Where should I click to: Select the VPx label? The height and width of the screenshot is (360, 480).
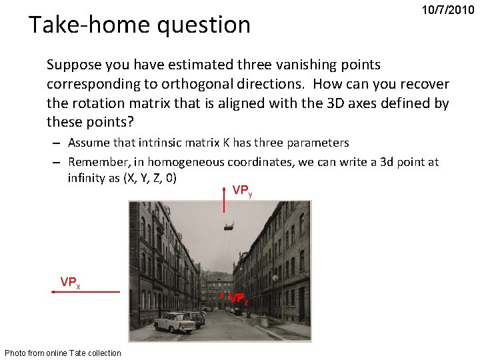click(x=70, y=282)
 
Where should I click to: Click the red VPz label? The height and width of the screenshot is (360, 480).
click(x=239, y=300)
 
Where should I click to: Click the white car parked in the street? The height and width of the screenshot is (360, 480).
click(x=174, y=323)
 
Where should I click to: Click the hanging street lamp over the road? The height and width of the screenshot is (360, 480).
click(x=230, y=229)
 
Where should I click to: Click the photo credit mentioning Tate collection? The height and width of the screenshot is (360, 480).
click(x=63, y=353)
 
